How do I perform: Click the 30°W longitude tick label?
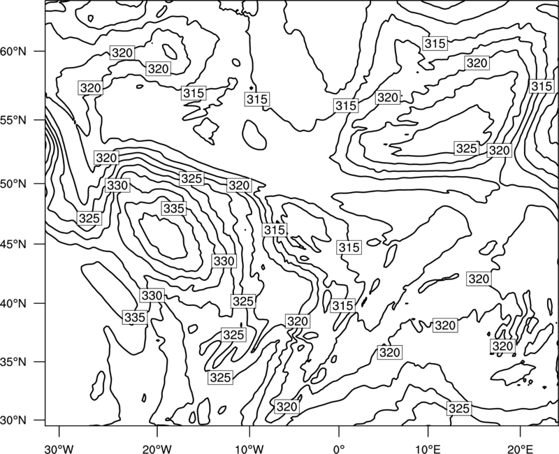(x=59, y=448)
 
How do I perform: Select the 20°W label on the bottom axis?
(x=157, y=448)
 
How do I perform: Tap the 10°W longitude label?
(x=249, y=448)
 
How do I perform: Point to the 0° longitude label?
(x=339, y=448)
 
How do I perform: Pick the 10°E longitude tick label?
(x=428, y=448)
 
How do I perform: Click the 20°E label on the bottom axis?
(x=520, y=448)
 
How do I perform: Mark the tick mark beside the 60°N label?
(x=40, y=51)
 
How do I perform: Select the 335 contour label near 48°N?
(x=174, y=208)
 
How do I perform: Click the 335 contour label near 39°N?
(x=135, y=317)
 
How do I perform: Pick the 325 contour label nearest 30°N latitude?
(x=459, y=409)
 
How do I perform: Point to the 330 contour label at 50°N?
(x=117, y=185)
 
